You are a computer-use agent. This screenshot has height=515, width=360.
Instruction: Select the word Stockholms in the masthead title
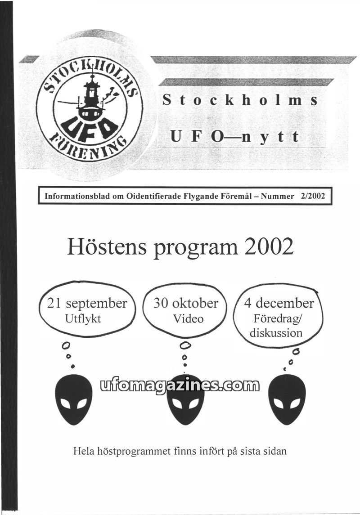240,99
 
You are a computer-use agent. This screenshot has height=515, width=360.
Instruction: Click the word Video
188,319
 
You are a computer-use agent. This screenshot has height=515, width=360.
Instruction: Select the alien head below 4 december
287,399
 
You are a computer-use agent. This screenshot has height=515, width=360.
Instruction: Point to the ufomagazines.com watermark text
180,385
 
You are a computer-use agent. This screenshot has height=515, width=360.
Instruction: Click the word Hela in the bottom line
83,451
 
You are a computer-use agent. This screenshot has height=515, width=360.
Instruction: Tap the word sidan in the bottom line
273,451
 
